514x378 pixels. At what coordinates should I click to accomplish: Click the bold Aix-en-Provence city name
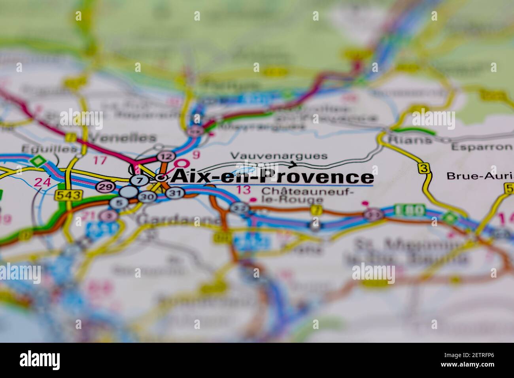272,177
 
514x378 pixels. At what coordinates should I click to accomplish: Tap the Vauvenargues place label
279,156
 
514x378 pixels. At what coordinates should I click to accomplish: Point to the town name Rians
404,139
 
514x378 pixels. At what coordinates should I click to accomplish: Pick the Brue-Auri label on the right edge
480,176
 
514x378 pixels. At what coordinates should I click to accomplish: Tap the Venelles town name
123,137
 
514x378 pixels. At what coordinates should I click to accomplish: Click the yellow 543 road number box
69,195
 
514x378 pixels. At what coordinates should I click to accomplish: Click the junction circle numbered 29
105,187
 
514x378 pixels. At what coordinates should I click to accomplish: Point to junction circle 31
174,193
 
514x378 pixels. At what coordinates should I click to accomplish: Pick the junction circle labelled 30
147,197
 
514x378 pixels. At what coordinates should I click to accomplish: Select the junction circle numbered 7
139,180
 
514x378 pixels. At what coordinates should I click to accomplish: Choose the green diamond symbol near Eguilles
38,161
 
